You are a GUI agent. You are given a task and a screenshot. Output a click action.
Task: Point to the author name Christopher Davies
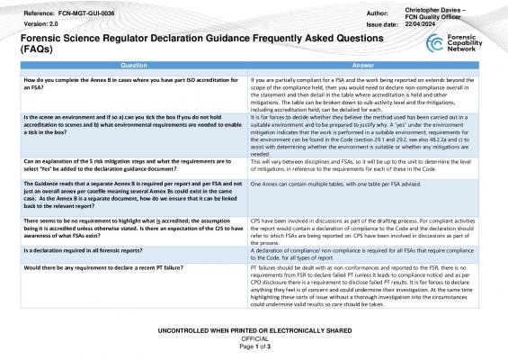point(443,8)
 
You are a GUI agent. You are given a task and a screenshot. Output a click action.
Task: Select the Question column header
point(134,66)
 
